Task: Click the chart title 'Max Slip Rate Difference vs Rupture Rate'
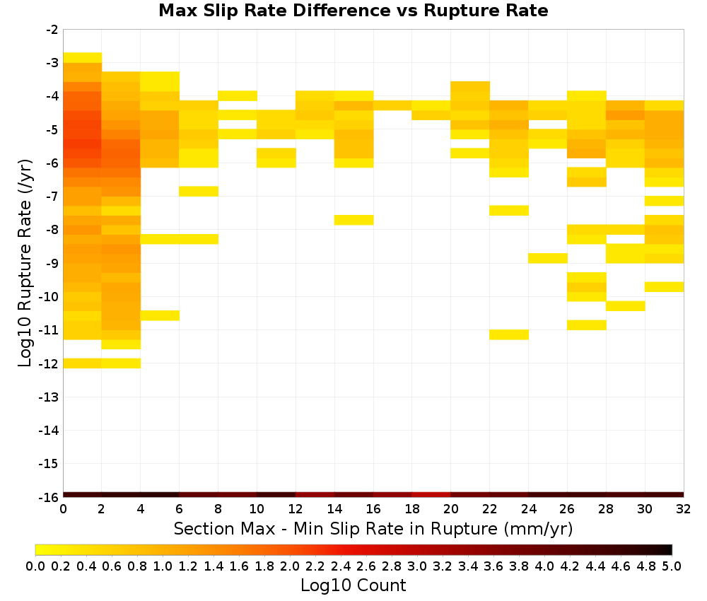[353, 11]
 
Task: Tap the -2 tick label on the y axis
[52, 30]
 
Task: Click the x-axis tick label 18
[412, 509]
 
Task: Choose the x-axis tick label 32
[684, 509]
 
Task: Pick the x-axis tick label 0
[63, 509]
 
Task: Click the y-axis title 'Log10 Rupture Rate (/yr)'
[25, 263]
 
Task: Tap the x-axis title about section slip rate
[373, 528]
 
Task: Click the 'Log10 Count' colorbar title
[353, 585]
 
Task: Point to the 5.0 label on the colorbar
[672, 566]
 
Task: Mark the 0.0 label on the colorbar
[35, 566]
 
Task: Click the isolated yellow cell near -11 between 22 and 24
[509, 334]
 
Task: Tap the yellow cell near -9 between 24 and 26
[548, 258]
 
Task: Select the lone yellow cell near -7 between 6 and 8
[199, 191]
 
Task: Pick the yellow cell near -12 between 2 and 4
[122, 363]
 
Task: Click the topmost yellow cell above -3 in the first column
[83, 58]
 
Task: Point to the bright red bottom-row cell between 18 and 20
[431, 495]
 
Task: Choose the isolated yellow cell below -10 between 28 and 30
[626, 305]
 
